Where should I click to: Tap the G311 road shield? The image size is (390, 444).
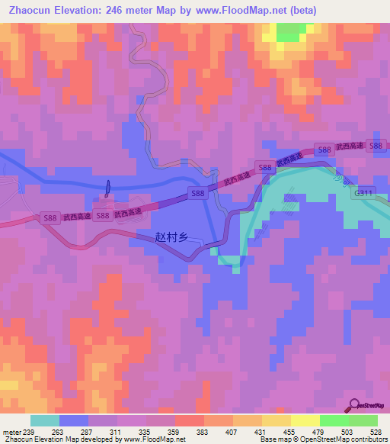click(x=363, y=194)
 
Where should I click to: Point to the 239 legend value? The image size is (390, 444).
click(x=29, y=433)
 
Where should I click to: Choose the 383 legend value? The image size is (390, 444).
click(x=203, y=433)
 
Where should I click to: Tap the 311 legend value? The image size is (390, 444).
click(x=117, y=433)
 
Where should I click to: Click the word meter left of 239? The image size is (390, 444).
click(x=11, y=433)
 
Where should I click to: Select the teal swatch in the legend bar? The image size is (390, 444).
click(x=45, y=420)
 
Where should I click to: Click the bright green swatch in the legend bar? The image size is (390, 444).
click(x=334, y=420)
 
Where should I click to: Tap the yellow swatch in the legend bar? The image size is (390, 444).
click(x=305, y=420)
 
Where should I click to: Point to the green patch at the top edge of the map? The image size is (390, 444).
click(x=288, y=32)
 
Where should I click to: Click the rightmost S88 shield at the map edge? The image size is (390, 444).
click(x=375, y=146)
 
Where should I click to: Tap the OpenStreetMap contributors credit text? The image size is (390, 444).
click(x=354, y=439)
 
